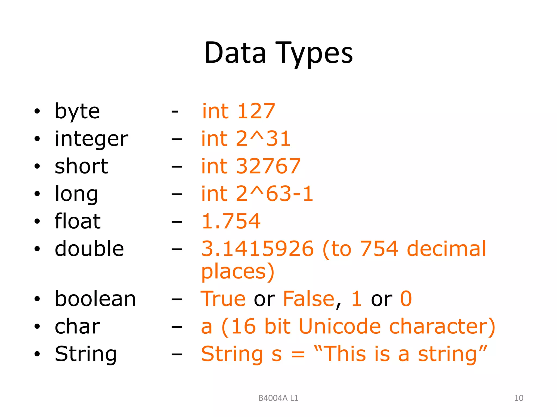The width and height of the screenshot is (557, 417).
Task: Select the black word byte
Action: (78, 111)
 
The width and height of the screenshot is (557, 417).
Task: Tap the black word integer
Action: (91, 139)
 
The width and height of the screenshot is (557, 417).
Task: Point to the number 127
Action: (256, 111)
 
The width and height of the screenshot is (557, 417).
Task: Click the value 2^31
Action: (263, 139)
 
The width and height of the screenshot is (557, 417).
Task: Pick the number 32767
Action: (268, 166)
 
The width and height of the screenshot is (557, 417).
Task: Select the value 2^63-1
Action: (275, 194)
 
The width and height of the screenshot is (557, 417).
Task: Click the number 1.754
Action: (231, 221)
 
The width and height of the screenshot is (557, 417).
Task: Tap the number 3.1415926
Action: (257, 249)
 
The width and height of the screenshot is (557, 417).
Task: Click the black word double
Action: (89, 249)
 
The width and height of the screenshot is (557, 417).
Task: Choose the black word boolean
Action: (95, 299)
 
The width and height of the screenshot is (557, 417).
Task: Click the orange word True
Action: (223, 299)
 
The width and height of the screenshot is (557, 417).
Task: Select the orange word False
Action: (309, 299)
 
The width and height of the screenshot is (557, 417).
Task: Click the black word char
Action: (77, 326)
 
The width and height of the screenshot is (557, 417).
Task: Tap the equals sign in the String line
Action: (298, 355)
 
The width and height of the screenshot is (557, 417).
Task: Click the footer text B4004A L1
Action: (278, 398)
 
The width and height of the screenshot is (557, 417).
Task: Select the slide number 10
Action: (519, 398)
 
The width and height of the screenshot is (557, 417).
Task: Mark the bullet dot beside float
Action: (37, 221)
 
